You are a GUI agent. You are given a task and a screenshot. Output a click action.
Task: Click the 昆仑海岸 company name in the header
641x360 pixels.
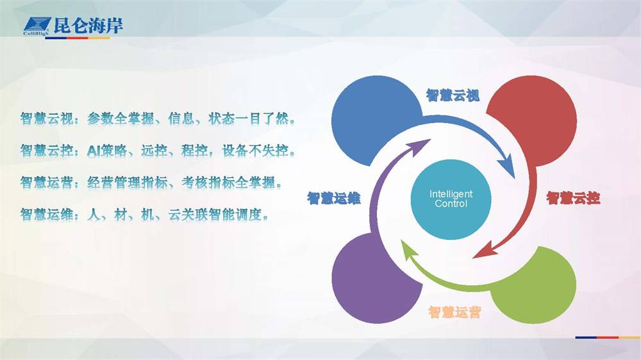pyautogui.click(x=88, y=26)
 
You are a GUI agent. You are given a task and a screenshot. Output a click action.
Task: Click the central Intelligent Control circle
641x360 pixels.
pyautogui.click(x=451, y=199)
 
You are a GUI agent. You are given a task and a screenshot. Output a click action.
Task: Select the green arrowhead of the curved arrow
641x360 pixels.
pyautogui.click(x=409, y=250)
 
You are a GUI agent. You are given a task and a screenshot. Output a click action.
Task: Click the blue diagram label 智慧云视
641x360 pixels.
pyautogui.click(x=453, y=95)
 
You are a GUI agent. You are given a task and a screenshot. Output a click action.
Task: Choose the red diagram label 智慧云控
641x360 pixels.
pyautogui.click(x=573, y=198)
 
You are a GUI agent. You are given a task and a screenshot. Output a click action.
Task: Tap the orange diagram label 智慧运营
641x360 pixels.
pyautogui.click(x=454, y=312)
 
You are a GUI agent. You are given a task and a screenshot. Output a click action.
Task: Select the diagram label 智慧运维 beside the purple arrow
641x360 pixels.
pyautogui.click(x=334, y=198)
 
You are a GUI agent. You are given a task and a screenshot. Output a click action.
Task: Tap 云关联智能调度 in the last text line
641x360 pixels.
pyautogui.click(x=215, y=214)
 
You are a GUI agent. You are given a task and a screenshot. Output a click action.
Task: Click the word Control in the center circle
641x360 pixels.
pyautogui.click(x=451, y=204)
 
